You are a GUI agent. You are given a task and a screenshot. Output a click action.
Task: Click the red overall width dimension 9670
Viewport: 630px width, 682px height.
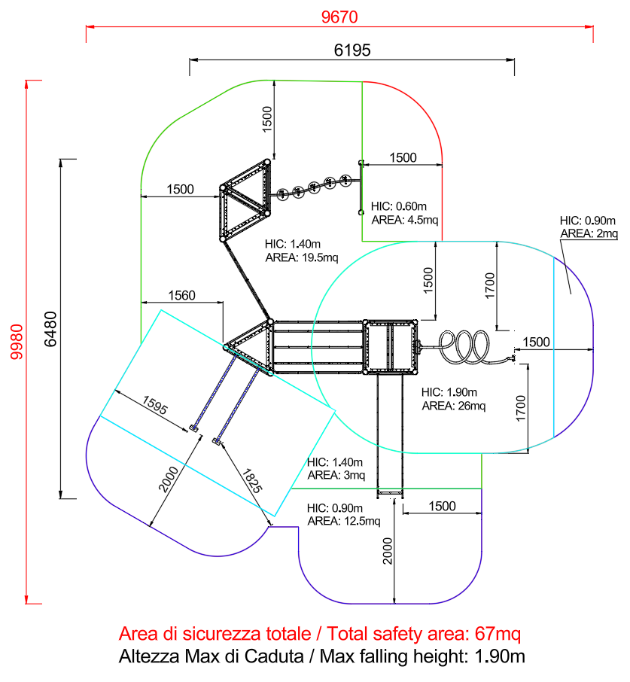[x=339, y=17]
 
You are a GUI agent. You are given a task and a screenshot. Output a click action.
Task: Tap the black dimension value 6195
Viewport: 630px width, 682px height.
[x=352, y=50]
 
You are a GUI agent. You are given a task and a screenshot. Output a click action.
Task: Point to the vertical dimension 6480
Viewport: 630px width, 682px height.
[x=50, y=329]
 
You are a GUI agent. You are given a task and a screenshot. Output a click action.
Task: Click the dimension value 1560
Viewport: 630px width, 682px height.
[x=181, y=296]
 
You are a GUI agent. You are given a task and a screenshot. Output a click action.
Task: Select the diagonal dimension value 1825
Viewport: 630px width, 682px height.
[x=252, y=479]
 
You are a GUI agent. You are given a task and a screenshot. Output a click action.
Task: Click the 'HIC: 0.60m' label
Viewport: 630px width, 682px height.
[x=400, y=206]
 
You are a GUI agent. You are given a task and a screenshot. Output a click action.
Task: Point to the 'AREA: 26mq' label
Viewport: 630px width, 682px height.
[x=453, y=406]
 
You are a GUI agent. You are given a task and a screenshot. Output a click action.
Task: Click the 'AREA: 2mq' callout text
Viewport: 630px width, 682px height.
[x=589, y=234]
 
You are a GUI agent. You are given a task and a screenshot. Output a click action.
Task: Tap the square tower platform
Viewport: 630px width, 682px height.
[x=390, y=346]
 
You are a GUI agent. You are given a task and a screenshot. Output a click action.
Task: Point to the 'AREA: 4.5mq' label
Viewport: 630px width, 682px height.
[x=404, y=220]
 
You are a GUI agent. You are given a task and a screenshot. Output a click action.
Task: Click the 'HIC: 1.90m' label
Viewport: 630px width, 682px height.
[x=450, y=392]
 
